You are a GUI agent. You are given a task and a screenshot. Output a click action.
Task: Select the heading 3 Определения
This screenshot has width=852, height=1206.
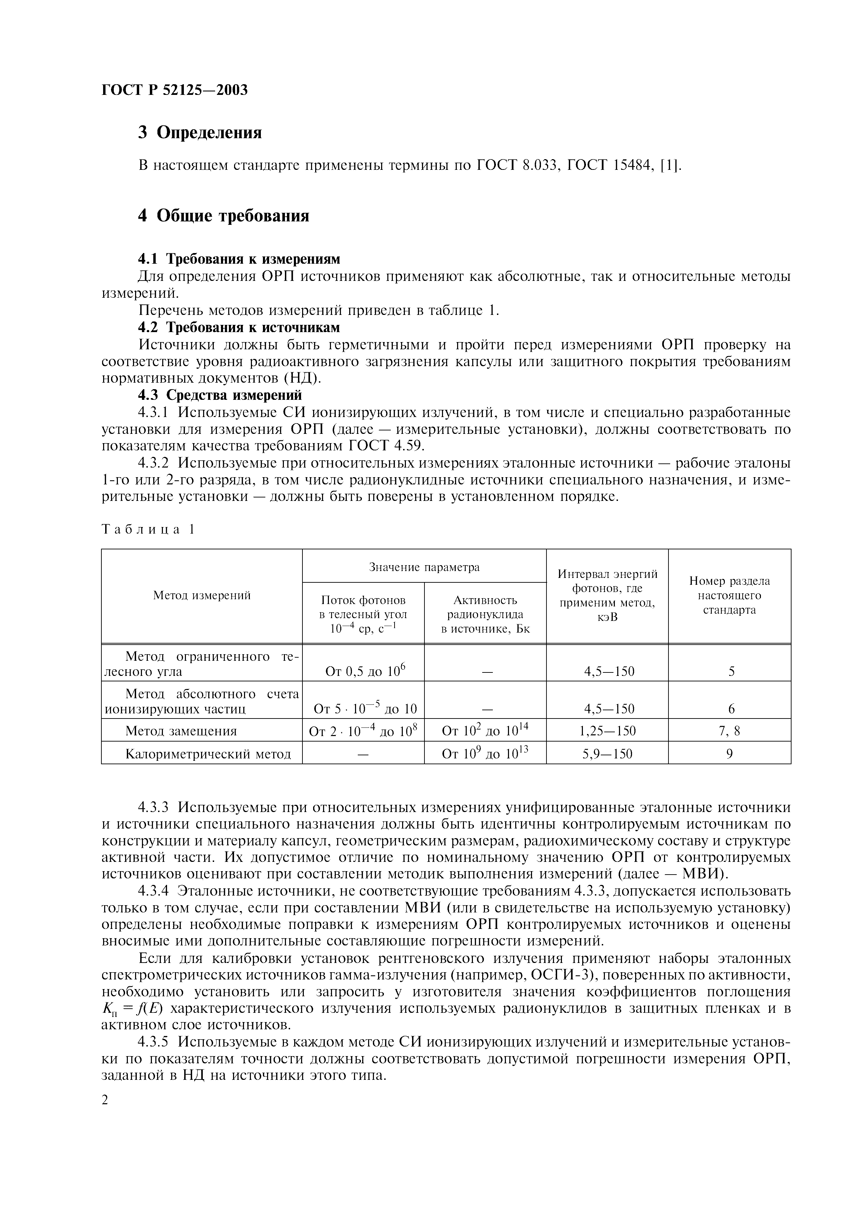tap(199, 132)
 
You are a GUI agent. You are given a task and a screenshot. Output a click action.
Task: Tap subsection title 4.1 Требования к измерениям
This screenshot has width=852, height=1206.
tap(239, 259)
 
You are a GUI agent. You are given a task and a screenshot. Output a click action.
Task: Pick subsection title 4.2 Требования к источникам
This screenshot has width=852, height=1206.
tap(239, 327)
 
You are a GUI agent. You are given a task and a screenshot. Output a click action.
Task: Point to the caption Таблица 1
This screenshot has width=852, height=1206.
tap(148, 529)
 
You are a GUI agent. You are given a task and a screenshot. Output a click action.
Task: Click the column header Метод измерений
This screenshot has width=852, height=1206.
tap(202, 595)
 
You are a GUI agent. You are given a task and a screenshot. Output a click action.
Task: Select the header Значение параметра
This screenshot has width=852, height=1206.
tap(424, 567)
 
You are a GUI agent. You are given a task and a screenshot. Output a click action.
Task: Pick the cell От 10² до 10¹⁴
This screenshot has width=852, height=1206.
tap(485, 731)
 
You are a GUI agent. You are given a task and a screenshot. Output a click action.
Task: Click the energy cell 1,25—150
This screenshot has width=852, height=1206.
tap(607, 731)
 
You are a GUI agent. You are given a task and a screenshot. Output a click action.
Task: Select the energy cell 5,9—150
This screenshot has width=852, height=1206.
tap(607, 754)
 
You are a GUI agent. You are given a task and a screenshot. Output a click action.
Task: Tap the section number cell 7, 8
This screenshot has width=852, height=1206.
tap(729, 731)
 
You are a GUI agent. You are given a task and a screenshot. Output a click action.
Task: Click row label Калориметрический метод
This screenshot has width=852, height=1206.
tap(208, 754)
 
